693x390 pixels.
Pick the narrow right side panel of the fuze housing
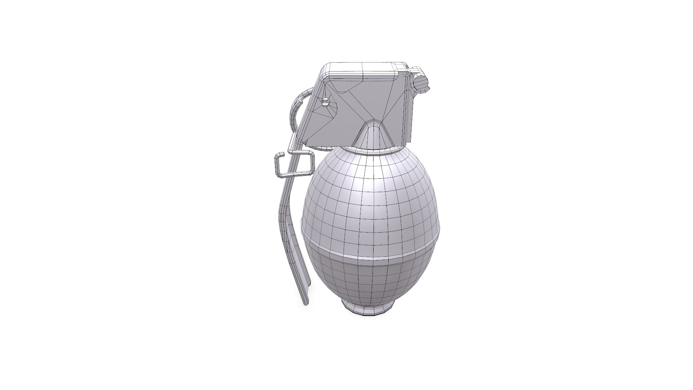(x=410, y=108)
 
